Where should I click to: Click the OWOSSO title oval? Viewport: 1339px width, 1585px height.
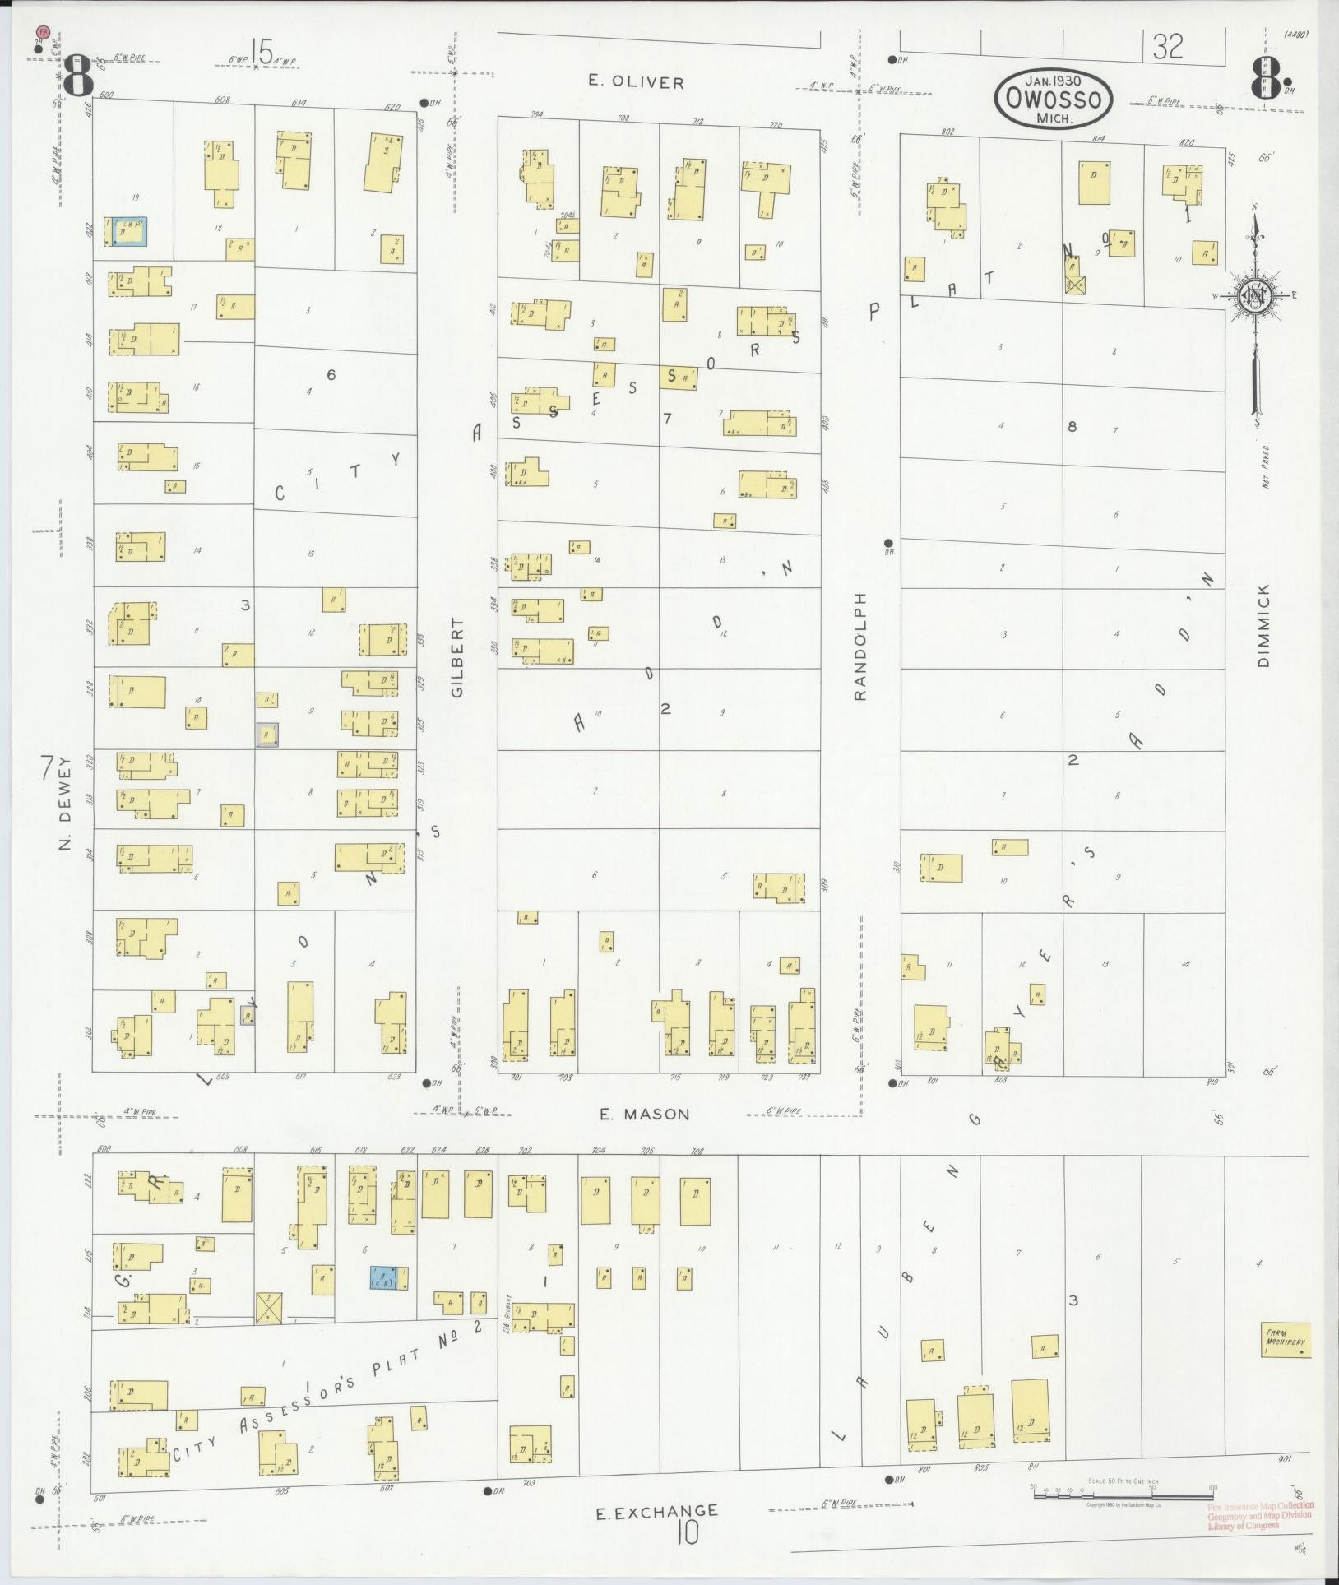coord(1054,98)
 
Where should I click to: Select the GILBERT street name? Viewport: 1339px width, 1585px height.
coord(457,658)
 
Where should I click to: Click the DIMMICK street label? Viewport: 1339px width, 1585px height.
coord(1263,625)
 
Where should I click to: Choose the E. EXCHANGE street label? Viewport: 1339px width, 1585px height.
coord(657,1511)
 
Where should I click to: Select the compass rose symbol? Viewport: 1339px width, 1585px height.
coord(1255,296)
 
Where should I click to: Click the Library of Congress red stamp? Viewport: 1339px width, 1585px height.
coord(1260,1515)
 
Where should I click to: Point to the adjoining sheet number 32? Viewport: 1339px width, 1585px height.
coord(1167,47)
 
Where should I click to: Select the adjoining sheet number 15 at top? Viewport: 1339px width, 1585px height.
coord(262,53)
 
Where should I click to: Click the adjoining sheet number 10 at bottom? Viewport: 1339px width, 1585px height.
coord(688,1532)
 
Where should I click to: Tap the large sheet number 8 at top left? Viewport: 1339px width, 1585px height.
coord(77,76)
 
